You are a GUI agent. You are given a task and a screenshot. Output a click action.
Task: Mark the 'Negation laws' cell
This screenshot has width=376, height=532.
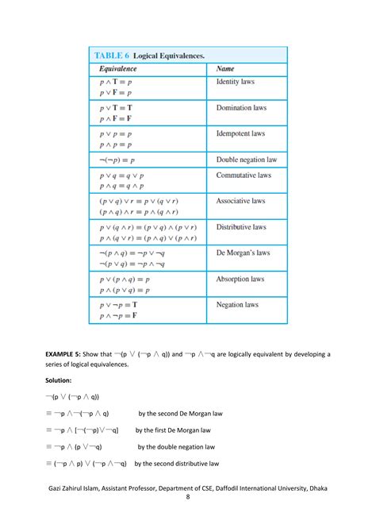237,305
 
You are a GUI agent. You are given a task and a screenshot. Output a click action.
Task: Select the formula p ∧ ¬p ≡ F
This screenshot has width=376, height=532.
118,316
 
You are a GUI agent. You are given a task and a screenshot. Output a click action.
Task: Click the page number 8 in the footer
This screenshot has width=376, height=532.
188,498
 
